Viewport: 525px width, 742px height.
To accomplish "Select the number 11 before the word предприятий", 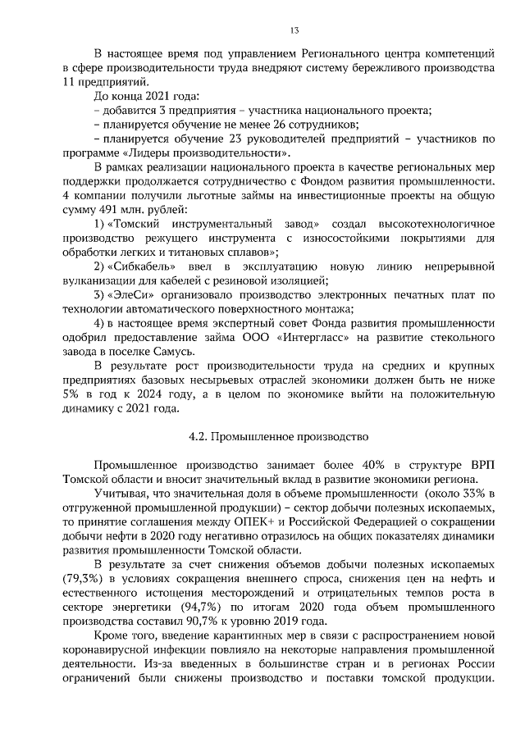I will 69,82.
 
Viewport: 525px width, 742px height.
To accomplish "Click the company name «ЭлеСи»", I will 131,294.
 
